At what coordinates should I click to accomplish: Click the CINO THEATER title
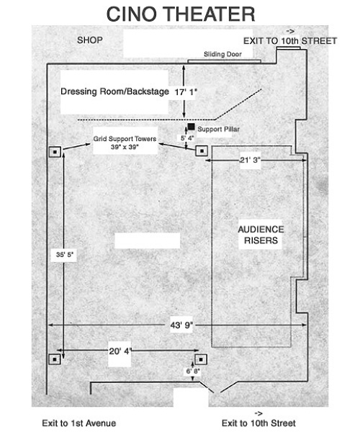click(x=181, y=14)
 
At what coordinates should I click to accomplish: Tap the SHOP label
click(x=90, y=40)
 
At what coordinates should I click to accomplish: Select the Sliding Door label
click(x=222, y=54)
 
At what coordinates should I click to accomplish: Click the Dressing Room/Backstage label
click(x=114, y=91)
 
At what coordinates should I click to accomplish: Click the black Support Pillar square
click(x=191, y=127)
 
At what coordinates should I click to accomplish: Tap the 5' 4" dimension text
click(x=187, y=138)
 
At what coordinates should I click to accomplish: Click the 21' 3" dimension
click(x=250, y=160)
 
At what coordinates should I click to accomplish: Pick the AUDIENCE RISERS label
click(x=261, y=235)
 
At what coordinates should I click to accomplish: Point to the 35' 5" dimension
click(x=65, y=255)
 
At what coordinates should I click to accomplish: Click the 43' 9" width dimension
click(x=181, y=325)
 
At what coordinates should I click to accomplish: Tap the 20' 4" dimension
click(x=120, y=351)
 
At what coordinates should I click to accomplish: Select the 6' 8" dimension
click(x=193, y=372)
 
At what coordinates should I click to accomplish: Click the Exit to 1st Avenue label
click(x=78, y=423)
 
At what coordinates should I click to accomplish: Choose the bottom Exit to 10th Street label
click(x=258, y=423)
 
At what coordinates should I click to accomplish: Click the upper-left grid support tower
click(x=55, y=152)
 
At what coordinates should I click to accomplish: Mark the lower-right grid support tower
click(x=201, y=359)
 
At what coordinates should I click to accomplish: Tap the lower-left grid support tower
click(x=55, y=359)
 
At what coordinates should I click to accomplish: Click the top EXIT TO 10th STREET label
click(x=290, y=41)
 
